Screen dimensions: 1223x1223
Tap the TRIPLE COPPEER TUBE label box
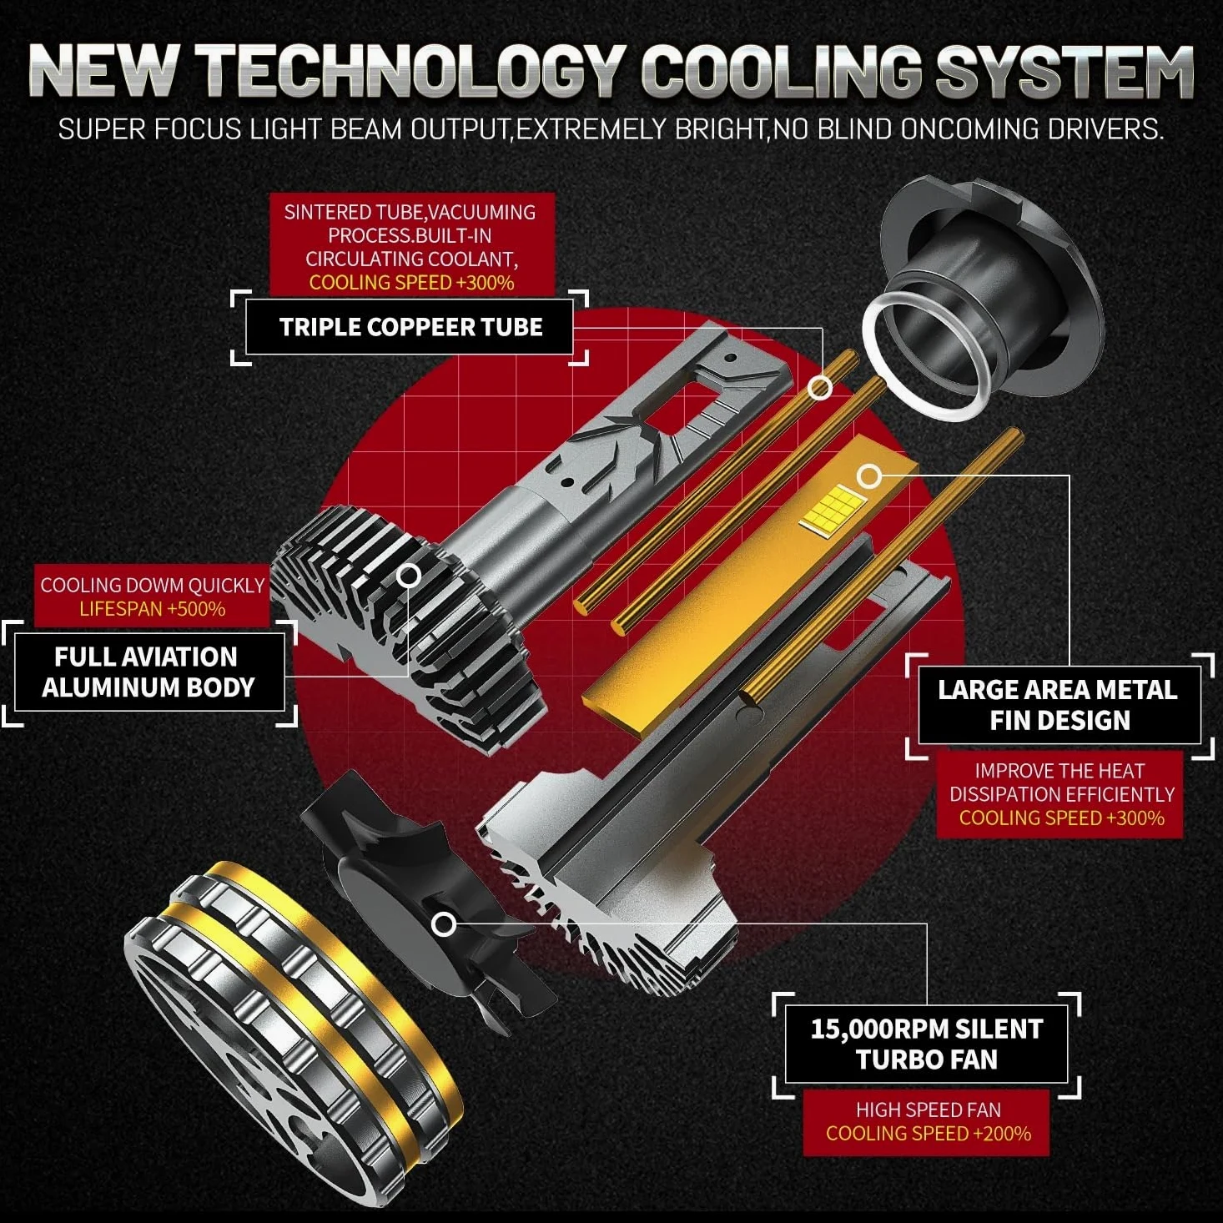[x=410, y=327]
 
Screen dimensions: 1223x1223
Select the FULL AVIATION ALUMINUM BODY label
[x=148, y=672]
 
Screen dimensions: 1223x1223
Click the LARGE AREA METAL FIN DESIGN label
[x=1058, y=705]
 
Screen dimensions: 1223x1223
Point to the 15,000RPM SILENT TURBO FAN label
[x=927, y=1044]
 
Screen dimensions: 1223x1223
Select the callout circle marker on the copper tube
[x=820, y=387]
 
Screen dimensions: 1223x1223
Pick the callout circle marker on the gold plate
[x=869, y=476]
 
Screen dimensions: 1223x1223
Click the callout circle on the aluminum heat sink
[x=410, y=576]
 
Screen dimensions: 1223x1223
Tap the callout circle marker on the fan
[x=444, y=924]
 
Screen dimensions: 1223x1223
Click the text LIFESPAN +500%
[x=153, y=609]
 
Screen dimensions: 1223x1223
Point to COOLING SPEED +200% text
[x=929, y=1134]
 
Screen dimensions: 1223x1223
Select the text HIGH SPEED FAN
[x=929, y=1110]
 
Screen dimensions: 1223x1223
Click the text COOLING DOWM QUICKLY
[x=153, y=585]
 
